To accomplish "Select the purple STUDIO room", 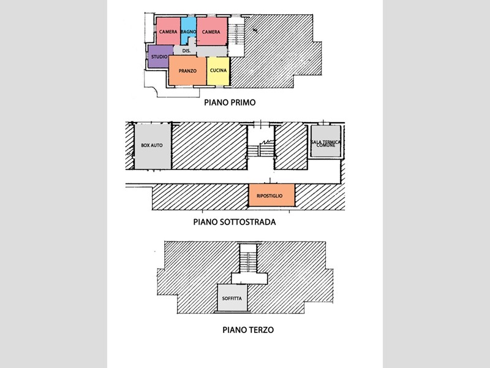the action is [160, 56].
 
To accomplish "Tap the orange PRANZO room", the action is [187, 71].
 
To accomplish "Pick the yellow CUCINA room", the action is [218, 71].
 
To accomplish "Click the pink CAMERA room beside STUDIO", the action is [168, 31].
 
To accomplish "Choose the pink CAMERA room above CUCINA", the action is [212, 31].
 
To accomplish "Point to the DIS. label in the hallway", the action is [186, 51].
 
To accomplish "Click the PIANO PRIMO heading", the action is [230, 102].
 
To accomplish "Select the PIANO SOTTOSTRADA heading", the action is [235, 222].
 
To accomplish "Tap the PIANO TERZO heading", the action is [248, 330].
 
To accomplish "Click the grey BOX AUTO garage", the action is [153, 147].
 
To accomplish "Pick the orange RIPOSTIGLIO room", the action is [271, 195].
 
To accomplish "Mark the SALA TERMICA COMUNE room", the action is [326, 141].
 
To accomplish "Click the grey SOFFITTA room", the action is [232, 297].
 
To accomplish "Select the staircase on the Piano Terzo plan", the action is [248, 258].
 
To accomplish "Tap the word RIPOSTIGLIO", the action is [269, 196].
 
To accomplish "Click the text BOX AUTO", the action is [152, 145].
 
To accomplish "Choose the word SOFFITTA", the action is [232, 299].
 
